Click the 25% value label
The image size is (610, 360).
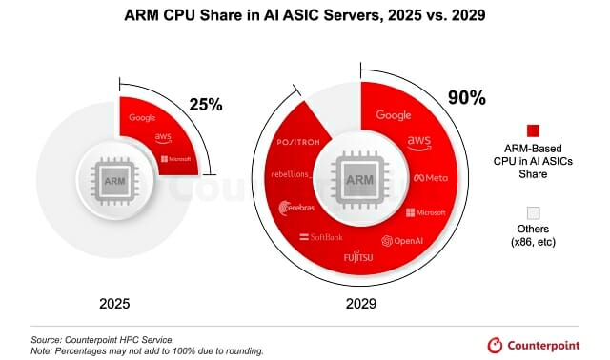pyautogui.click(x=206, y=105)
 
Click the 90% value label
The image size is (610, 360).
pyautogui.click(x=467, y=97)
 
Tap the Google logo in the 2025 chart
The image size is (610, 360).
pyautogui.click(x=142, y=117)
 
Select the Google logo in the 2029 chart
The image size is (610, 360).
pyautogui.click(x=394, y=115)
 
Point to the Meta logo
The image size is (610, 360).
pyautogui.click(x=431, y=178)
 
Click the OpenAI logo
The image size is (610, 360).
pyautogui.click(x=402, y=241)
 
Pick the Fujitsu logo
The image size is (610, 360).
pyautogui.click(x=358, y=256)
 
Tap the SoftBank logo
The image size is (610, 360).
pyautogui.click(x=321, y=237)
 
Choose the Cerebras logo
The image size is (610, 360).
pyautogui.click(x=296, y=208)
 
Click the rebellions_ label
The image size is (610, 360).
pyautogui.click(x=292, y=174)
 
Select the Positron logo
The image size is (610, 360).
pyautogui.click(x=298, y=142)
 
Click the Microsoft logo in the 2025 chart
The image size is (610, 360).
pyautogui.click(x=175, y=159)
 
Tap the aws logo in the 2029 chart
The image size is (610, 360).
pyautogui.click(x=419, y=143)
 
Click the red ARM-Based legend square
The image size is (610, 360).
pyautogui.click(x=533, y=131)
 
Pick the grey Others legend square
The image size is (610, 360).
pyautogui.click(x=533, y=213)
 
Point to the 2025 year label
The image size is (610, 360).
pyautogui.click(x=114, y=304)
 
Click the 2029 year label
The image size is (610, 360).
pyautogui.click(x=361, y=304)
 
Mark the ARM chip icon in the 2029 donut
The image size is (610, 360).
pyautogui.click(x=360, y=180)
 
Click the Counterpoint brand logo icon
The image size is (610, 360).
pyautogui.click(x=495, y=345)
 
